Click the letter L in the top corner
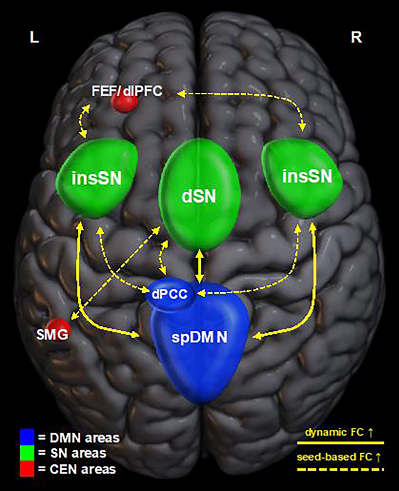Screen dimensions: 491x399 coord(35,38)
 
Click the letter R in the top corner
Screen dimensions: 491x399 coord(356,38)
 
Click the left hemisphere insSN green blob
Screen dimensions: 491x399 coord(97,178)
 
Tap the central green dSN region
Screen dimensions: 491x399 coord(200,196)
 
